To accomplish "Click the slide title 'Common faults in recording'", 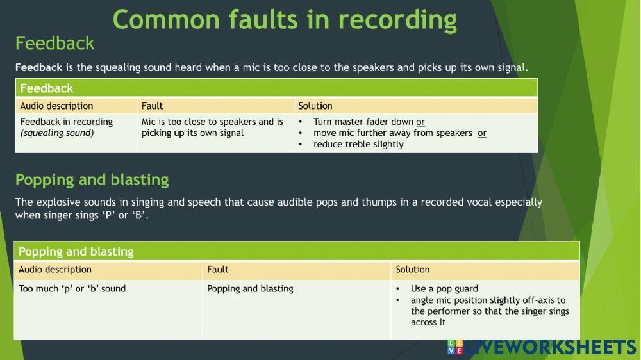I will pyautogui.click(x=285, y=19).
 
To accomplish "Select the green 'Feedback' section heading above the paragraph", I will pyautogui.click(x=54, y=44).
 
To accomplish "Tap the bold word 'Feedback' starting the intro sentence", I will pyautogui.click(x=38, y=67).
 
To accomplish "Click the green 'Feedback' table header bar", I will pyautogui.click(x=276, y=88).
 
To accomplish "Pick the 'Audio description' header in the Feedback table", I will pyautogui.click(x=56, y=106).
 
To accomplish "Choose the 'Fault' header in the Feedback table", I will pyautogui.click(x=152, y=106).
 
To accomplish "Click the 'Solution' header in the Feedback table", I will pyautogui.click(x=315, y=106).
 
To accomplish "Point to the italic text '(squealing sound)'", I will pyautogui.click(x=57, y=133).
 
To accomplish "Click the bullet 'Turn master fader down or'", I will pyautogui.click(x=369, y=122).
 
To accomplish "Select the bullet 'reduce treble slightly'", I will pyautogui.click(x=358, y=145).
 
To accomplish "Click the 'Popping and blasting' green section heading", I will pyautogui.click(x=92, y=180).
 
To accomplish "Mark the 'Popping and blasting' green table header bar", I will pyautogui.click(x=296, y=252).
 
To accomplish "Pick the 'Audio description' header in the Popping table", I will pyautogui.click(x=55, y=270).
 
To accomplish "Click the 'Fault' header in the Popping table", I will pyautogui.click(x=218, y=270).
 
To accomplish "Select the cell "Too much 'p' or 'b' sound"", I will pyautogui.click(x=72, y=289).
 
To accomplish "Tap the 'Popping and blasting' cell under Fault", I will pyautogui.click(x=250, y=289).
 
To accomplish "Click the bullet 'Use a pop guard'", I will pyautogui.click(x=444, y=289).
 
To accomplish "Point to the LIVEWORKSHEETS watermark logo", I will pyautogui.click(x=542, y=347).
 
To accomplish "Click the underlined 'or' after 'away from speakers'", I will pyautogui.click(x=482, y=133).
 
